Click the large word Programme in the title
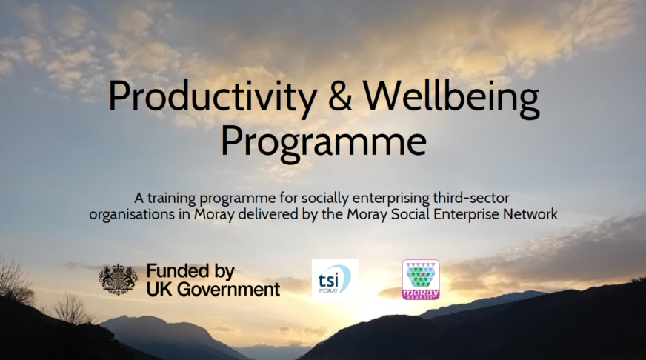(x=324, y=141)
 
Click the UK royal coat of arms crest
(x=119, y=279)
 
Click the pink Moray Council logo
(x=421, y=279)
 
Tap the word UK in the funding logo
(x=159, y=288)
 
